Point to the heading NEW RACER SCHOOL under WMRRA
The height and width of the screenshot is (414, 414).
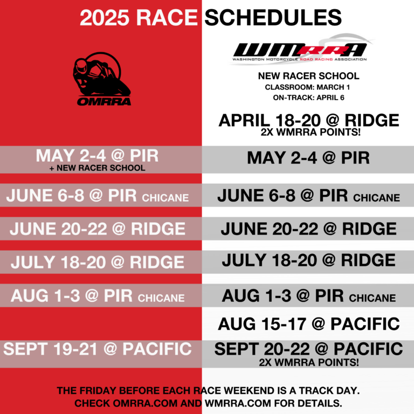click(308, 76)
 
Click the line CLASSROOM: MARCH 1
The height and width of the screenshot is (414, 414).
click(308, 87)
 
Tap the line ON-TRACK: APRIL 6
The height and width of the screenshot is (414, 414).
click(308, 98)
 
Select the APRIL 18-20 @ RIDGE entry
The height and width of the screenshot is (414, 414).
click(308, 120)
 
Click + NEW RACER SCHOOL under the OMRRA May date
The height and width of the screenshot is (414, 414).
click(98, 168)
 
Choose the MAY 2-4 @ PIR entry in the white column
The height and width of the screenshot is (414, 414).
click(308, 158)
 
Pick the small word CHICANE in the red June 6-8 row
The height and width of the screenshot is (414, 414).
click(166, 198)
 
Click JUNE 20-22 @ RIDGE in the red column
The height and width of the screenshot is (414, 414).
click(98, 229)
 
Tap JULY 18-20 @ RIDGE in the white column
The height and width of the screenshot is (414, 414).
click(308, 261)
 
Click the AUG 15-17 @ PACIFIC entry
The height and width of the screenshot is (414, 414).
click(308, 323)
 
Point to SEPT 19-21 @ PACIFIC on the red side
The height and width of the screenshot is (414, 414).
click(98, 349)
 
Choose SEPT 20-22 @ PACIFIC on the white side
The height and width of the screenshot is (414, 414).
click(308, 349)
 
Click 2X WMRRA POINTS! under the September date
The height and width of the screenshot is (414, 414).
click(308, 362)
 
